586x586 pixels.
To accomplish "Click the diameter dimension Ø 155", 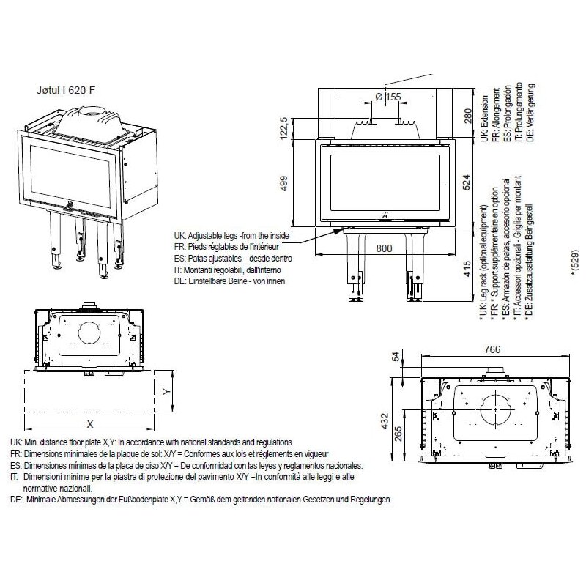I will tap(387, 97).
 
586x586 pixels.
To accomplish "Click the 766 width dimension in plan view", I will tap(496, 351).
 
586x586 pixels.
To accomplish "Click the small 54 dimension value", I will tap(397, 357).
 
